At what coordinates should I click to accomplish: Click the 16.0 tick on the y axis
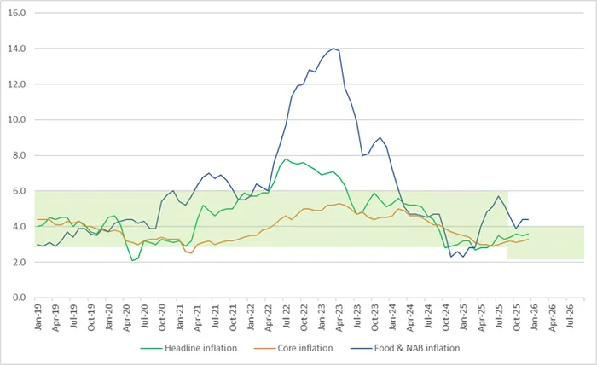click(17, 14)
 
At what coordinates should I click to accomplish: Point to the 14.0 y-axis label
click(17, 49)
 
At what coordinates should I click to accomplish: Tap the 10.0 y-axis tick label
click(17, 120)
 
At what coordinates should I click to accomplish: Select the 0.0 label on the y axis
click(19, 298)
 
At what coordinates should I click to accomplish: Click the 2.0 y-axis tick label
click(19, 262)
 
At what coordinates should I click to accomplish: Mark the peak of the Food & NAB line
click(333, 49)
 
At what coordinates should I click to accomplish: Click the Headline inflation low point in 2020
click(133, 260)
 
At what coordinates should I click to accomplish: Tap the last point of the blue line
click(529, 219)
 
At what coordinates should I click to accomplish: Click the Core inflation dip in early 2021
click(193, 252)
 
